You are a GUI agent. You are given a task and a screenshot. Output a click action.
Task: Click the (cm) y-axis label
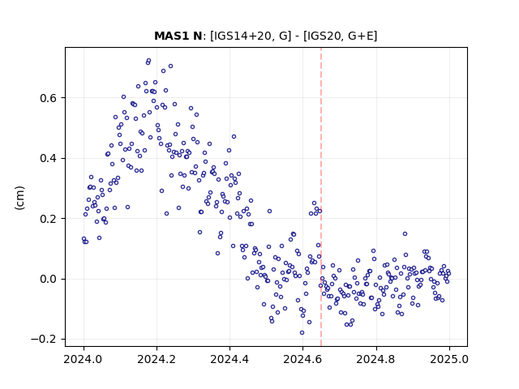(19, 198)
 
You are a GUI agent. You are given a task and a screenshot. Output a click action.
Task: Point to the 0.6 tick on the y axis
(49, 98)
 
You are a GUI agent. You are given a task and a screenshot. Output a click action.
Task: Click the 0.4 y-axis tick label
(49, 159)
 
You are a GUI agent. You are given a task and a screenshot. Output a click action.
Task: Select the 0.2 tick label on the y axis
(49, 219)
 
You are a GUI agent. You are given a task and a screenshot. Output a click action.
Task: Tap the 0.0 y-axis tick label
(49, 279)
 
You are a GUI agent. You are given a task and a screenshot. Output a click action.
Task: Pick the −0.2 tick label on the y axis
(44, 340)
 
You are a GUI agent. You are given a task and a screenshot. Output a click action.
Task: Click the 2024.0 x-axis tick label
(84, 359)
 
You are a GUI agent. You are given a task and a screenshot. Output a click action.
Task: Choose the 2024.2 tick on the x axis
(157, 359)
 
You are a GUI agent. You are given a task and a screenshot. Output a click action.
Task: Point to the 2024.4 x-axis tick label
(229, 359)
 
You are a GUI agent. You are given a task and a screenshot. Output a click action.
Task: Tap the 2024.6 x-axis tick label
(302, 359)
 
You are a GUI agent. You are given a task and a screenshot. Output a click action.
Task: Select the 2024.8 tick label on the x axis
(376, 359)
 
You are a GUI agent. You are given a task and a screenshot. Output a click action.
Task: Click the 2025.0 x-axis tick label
(449, 359)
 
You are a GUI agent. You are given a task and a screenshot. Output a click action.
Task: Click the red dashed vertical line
(321, 197)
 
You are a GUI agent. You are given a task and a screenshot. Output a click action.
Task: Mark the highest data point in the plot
(148, 61)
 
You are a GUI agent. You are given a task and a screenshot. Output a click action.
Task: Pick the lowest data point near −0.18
(302, 333)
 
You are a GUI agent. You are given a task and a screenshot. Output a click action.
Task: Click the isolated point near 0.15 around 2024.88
(405, 234)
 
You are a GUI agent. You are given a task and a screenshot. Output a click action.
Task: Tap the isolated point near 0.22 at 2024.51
(269, 211)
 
